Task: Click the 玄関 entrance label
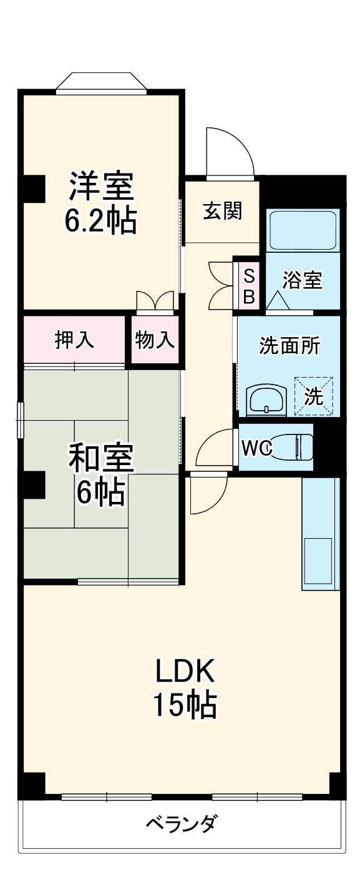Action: (221, 212)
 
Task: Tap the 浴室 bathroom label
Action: (302, 280)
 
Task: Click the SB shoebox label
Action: (248, 287)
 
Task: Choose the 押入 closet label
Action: (74, 340)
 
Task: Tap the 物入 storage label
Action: (155, 341)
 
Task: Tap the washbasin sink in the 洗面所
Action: (266, 401)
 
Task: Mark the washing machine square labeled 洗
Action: (314, 395)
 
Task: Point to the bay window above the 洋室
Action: (102, 83)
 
